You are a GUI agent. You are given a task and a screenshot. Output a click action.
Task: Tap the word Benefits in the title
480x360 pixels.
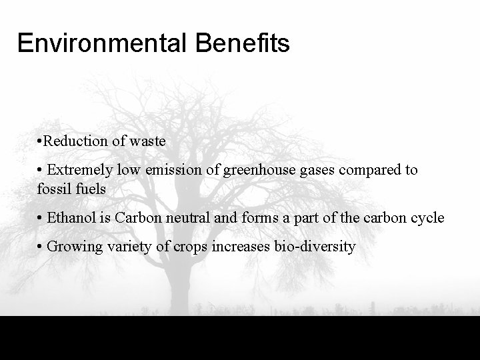tap(243, 43)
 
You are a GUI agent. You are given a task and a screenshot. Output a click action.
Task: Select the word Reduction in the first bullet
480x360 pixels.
tap(73, 141)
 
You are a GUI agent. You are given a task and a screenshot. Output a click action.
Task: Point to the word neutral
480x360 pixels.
tap(181, 218)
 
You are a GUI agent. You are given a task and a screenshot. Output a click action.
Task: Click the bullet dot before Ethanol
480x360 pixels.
tap(41, 218)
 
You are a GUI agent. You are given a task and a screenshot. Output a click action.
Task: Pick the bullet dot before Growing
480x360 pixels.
tap(41, 247)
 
